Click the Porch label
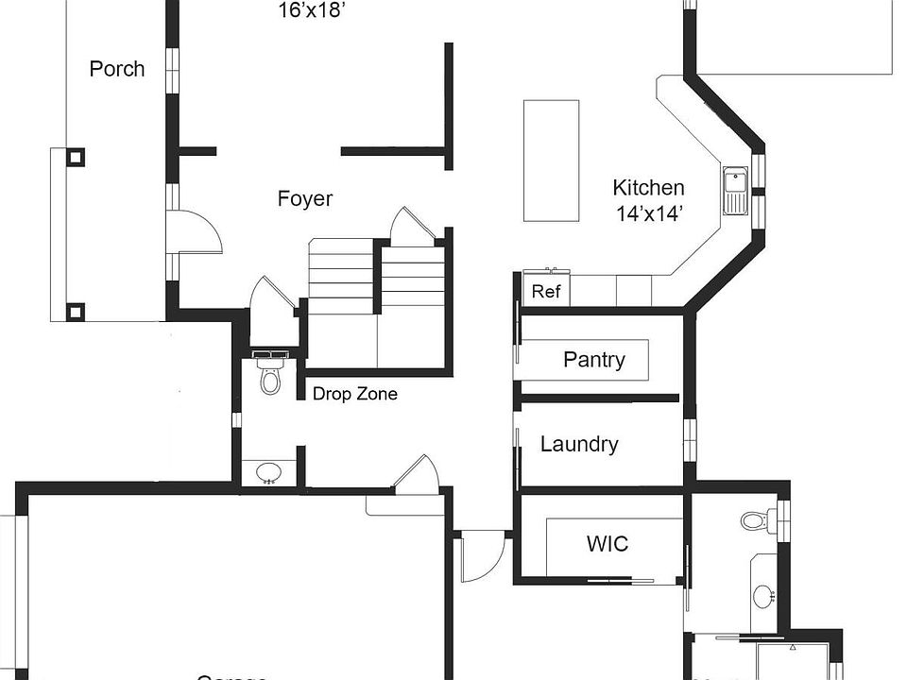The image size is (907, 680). [x=117, y=69]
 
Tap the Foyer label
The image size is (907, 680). [x=305, y=199]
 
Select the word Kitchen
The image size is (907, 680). [x=648, y=188]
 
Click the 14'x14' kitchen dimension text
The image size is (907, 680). [x=650, y=213]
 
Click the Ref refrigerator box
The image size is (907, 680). [x=546, y=291]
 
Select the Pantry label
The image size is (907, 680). [x=593, y=360]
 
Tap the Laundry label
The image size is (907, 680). [x=579, y=444]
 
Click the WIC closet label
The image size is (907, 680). [x=608, y=544]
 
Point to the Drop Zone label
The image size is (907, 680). [x=355, y=394]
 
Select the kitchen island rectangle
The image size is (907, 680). [x=552, y=161]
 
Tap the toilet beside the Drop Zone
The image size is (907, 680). [x=270, y=376]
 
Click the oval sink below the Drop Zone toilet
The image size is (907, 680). [x=268, y=471]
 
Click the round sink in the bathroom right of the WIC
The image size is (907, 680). [x=763, y=596]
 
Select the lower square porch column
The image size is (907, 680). [x=75, y=310]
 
